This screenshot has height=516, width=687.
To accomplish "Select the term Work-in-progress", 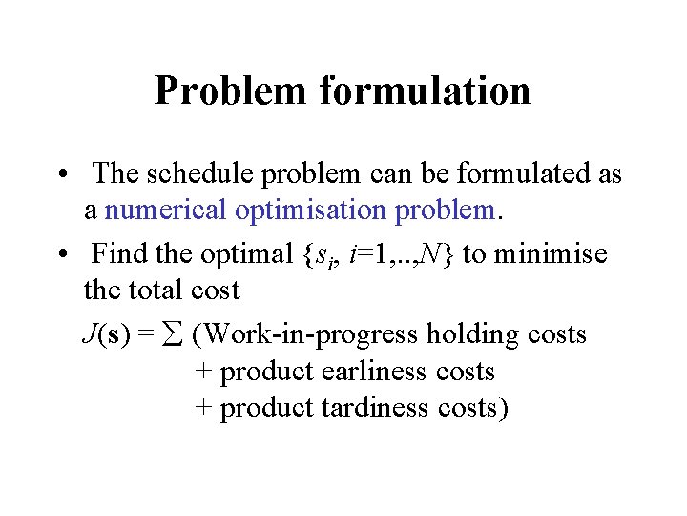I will pos(310,334).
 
